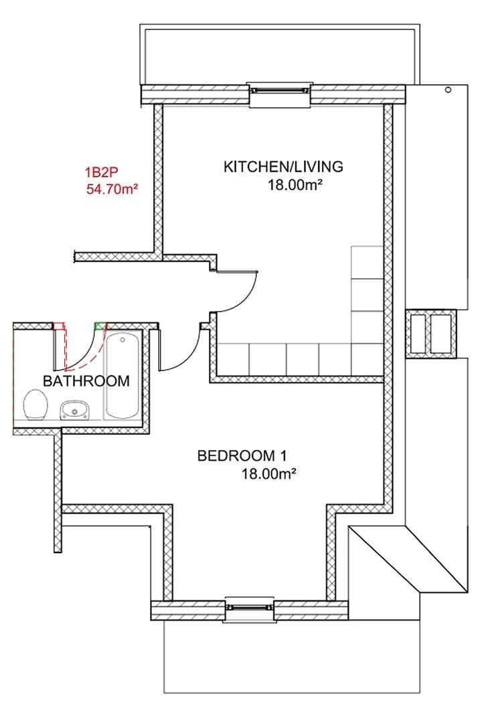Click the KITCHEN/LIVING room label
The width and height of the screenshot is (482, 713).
tap(283, 167)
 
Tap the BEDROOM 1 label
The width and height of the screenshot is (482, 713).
tap(242, 455)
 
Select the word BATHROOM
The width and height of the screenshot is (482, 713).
tap(86, 381)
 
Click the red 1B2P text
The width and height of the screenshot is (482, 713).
tap(101, 173)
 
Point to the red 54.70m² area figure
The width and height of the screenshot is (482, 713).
tap(112, 189)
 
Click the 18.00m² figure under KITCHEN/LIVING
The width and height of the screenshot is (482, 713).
tap(295, 185)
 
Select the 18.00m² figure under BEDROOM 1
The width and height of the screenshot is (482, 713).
tap(269, 474)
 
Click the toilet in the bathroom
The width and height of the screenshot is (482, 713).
tap(35, 405)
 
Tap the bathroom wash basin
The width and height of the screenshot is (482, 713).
tap(75, 409)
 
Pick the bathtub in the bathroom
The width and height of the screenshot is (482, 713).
tap(122, 376)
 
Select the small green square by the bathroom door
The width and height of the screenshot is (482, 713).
tap(100, 326)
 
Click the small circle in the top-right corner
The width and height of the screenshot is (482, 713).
tap(448, 90)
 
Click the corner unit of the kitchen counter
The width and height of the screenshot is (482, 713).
tap(367, 359)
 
